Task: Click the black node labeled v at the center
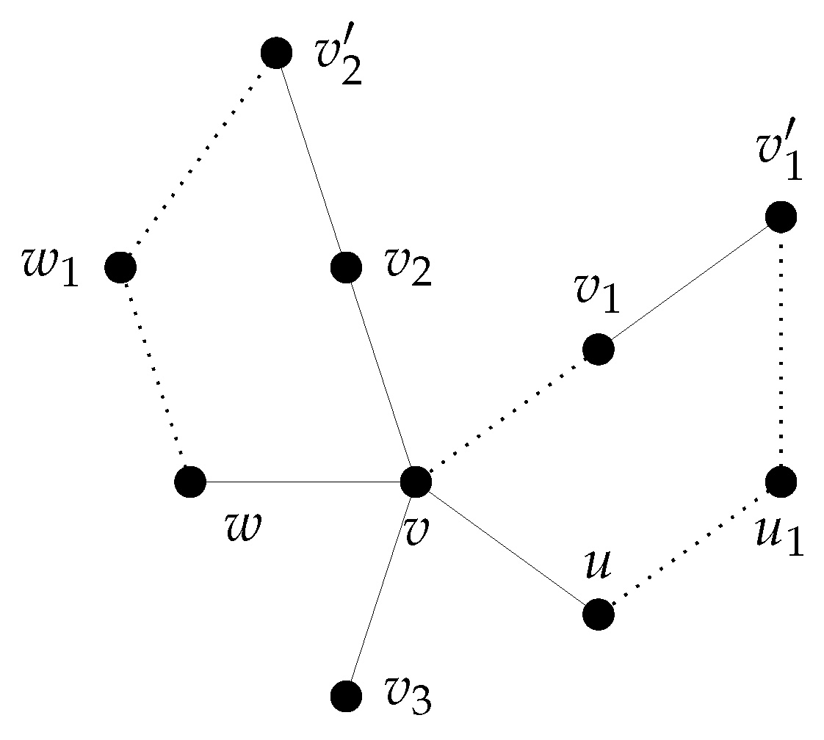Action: (416, 482)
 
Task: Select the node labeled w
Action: (191, 482)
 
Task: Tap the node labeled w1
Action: (120, 267)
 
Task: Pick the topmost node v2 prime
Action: (276, 53)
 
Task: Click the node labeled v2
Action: (346, 267)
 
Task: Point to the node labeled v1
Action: (599, 349)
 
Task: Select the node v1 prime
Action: (781, 217)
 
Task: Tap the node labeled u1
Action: (781, 482)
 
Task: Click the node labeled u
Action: (599, 614)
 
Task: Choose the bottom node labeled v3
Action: (346, 694)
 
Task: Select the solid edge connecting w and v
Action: (303, 482)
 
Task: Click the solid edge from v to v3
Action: (380, 588)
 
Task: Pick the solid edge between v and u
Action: (507, 548)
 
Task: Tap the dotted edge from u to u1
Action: (690, 548)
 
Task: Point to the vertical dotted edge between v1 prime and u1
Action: (781, 349)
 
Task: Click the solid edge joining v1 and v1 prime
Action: (690, 283)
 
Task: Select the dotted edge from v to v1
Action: (507, 416)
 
